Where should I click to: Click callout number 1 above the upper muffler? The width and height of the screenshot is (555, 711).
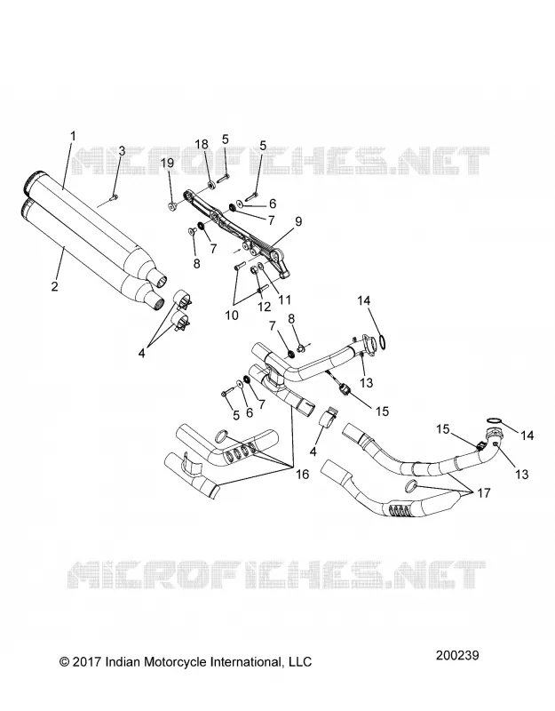tap(73, 136)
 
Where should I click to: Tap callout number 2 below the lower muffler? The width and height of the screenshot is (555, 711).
tap(55, 286)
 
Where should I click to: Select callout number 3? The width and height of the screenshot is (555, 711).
tap(122, 151)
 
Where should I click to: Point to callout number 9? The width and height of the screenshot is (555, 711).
tap(297, 221)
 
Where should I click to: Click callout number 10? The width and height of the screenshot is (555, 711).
tap(232, 316)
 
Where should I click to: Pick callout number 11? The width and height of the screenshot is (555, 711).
tap(284, 300)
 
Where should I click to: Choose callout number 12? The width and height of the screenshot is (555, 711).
tap(264, 307)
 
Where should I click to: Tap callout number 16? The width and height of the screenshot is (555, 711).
tap(302, 475)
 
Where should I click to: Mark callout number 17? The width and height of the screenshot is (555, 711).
tap(484, 492)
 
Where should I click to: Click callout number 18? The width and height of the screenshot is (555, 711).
tap(202, 144)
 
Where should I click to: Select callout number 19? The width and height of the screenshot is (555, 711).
tap(168, 163)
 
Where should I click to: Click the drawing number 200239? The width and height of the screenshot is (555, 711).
tap(457, 655)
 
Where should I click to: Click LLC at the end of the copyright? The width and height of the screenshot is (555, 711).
tap(301, 662)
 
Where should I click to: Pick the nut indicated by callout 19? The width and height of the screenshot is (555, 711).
tap(171, 207)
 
